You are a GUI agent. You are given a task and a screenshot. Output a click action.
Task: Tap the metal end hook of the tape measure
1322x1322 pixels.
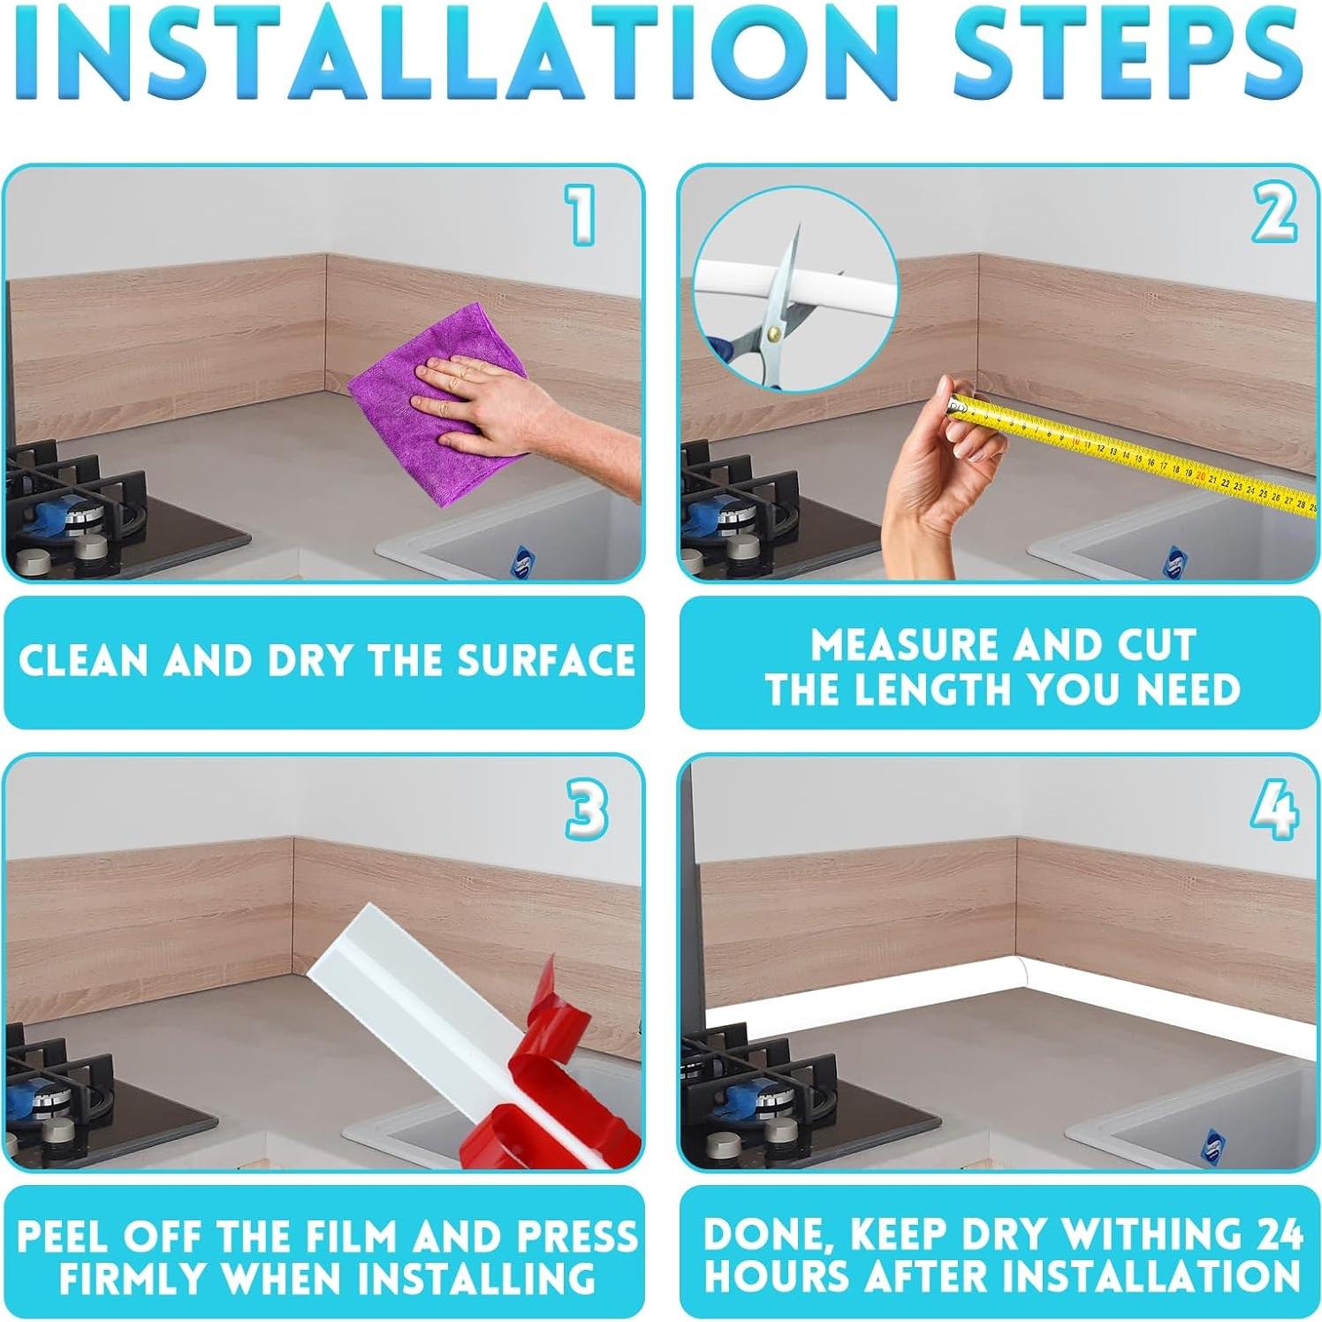[x=958, y=406]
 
